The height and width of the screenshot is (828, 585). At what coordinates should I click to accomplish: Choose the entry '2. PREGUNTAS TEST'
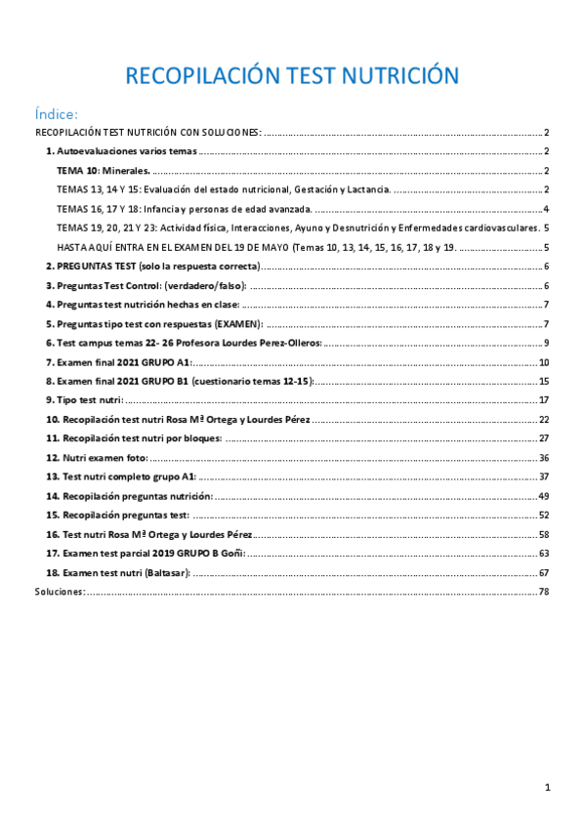pos(152,266)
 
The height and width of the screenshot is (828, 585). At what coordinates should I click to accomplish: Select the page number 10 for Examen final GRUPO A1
pos(544,361)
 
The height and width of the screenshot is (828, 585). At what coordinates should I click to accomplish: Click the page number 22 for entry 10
pos(544,419)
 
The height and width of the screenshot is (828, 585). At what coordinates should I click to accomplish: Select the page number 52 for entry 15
pos(544,515)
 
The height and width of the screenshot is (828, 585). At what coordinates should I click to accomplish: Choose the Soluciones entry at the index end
pos(59,591)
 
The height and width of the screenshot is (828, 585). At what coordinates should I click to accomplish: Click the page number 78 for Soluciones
pos(544,591)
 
